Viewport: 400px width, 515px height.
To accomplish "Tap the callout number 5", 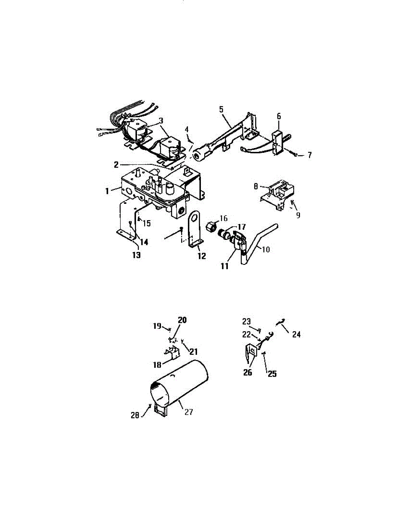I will pyautogui.click(x=221, y=109).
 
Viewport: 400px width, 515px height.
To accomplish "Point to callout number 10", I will pyautogui.click(x=265, y=249).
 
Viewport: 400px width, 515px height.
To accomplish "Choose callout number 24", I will pyautogui.click(x=296, y=334).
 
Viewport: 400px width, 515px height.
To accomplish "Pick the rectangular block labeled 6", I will pyautogui.click(x=279, y=142).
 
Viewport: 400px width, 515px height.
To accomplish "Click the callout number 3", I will pyautogui.click(x=161, y=120).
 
